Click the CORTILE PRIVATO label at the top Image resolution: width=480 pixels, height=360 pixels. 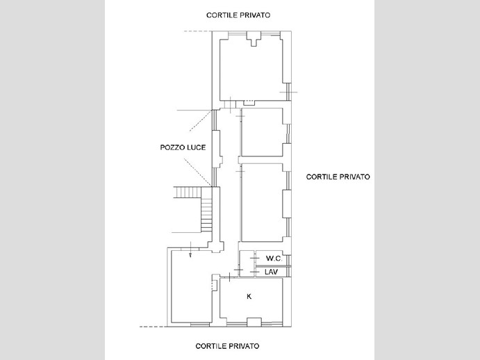click(x=238, y=15)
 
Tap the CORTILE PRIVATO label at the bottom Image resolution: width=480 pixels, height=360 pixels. click(x=227, y=346)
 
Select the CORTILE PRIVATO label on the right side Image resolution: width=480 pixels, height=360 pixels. click(x=338, y=177)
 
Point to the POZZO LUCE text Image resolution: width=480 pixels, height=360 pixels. click(x=183, y=147)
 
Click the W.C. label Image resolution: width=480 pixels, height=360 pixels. click(x=274, y=259)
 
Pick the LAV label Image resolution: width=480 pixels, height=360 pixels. click(x=271, y=272)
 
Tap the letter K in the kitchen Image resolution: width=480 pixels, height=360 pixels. click(x=249, y=296)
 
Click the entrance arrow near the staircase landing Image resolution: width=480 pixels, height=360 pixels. click(x=190, y=249)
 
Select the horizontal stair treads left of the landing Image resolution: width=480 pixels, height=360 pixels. click(x=188, y=192)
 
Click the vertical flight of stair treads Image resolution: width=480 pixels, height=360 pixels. click(x=206, y=210)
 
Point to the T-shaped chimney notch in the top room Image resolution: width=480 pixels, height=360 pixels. click(x=254, y=39)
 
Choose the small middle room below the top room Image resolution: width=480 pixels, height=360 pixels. click(x=262, y=132)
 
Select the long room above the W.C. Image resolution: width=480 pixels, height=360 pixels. click(x=262, y=202)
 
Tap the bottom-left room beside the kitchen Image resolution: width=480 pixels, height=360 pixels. click(x=191, y=286)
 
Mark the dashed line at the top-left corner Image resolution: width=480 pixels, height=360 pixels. click(x=197, y=31)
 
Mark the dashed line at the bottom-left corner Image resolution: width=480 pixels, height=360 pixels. click(x=154, y=327)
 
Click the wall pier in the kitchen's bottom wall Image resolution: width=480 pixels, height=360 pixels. click(x=254, y=322)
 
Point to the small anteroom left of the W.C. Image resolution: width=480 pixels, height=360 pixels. click(x=247, y=263)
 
